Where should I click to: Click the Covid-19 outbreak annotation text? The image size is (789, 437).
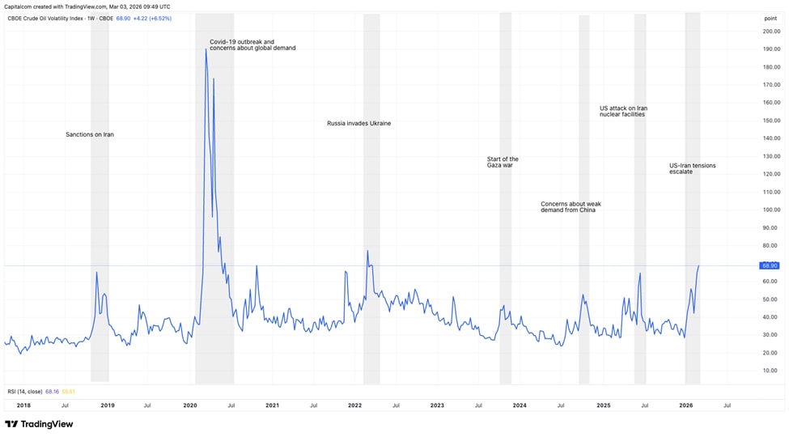tap(252, 45)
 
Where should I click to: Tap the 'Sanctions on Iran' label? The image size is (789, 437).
tap(90, 134)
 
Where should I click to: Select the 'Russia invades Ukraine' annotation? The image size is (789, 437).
tap(358, 124)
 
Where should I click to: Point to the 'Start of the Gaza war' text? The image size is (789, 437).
tap(503, 162)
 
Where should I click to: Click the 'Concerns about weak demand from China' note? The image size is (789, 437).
tap(571, 207)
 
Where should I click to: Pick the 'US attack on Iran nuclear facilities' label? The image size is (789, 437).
tap(623, 111)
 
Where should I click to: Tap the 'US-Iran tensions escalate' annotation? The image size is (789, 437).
tap(692, 168)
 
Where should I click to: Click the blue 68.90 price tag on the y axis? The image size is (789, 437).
tap(769, 265)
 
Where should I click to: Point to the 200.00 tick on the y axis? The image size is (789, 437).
tap(770, 32)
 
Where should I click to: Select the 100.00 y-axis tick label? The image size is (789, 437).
tap(770, 210)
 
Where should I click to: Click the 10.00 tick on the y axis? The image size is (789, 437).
tap(771, 371)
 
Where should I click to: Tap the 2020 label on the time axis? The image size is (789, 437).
tap(190, 405)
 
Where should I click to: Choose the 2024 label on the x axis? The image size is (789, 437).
tap(520, 405)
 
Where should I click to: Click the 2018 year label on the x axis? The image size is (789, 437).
tap(23, 405)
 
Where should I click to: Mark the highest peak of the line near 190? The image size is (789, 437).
tap(206, 50)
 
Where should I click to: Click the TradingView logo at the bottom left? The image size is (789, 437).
tap(39, 424)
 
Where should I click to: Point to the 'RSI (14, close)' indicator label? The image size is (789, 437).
tap(25, 392)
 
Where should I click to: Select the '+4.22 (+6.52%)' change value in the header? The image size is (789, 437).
tap(152, 18)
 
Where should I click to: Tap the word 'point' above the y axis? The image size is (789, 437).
tap(770, 18)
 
